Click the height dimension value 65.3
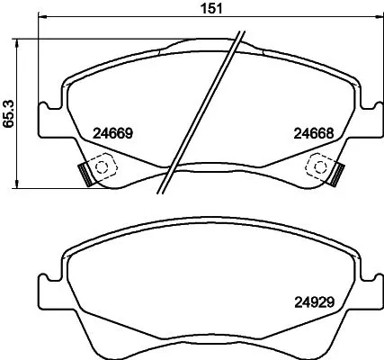8,115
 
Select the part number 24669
113,132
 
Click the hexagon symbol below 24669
101,165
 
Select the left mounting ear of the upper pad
49,119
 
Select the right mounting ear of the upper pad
369,119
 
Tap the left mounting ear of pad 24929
47,290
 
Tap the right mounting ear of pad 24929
369,290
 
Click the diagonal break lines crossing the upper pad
200,112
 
